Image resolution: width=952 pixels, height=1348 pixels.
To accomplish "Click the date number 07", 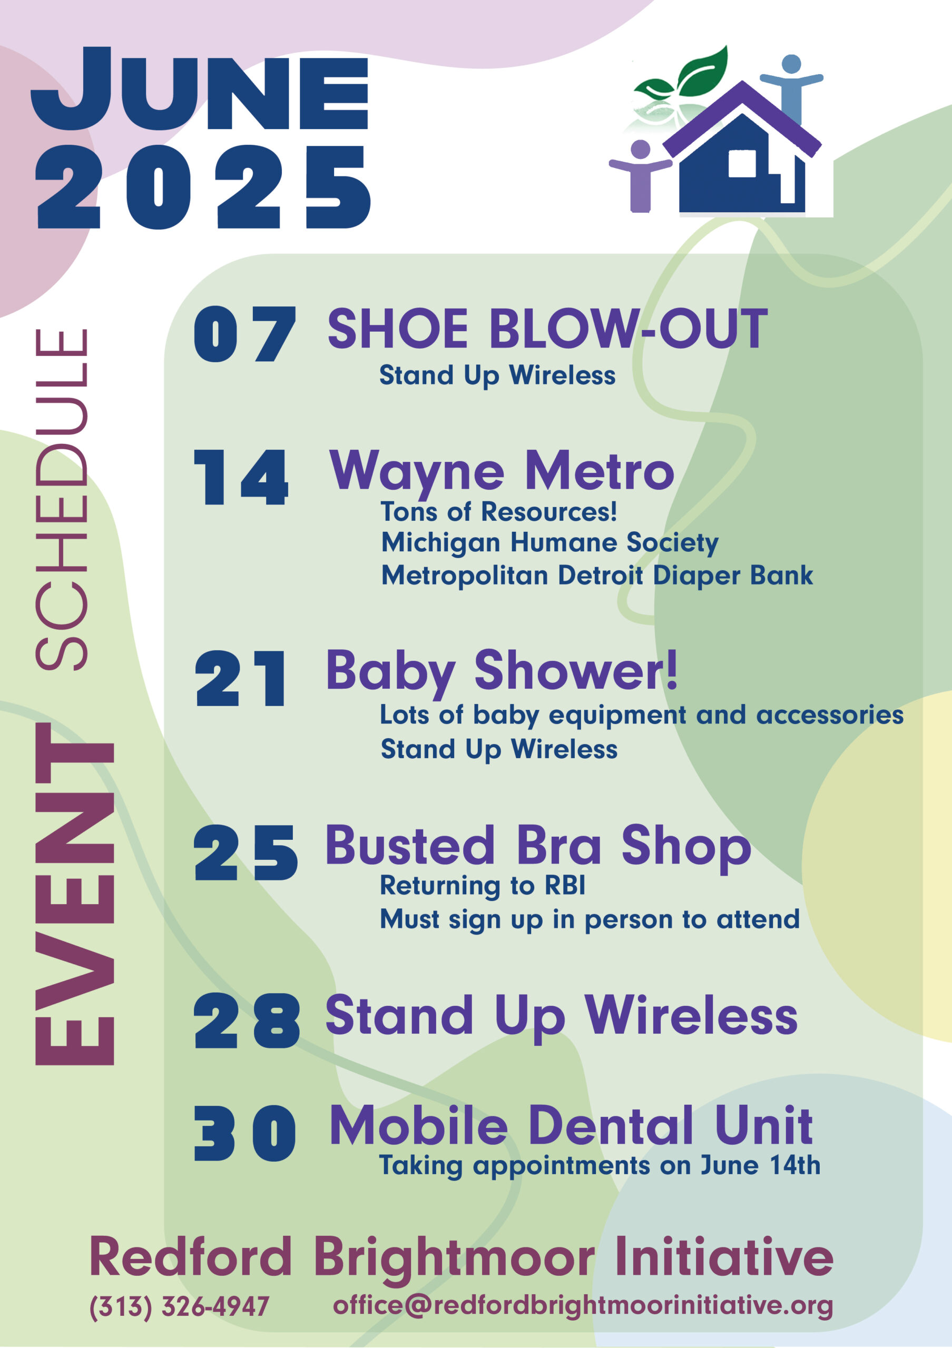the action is tap(244, 333).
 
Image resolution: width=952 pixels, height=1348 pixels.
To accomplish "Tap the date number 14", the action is tap(241, 477).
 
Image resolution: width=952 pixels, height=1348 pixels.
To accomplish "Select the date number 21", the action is tap(241, 678).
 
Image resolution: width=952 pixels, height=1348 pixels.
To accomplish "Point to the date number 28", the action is tap(247, 1022).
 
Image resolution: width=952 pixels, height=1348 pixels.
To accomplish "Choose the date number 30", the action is tap(245, 1133).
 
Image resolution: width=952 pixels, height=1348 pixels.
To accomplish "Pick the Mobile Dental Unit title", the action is tap(571, 1126).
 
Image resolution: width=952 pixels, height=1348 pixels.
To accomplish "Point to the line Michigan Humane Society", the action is tap(549, 543).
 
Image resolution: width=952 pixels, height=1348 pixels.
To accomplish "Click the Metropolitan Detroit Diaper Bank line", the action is tap(597, 576).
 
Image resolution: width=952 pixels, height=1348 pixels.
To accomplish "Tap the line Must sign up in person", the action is tap(590, 920).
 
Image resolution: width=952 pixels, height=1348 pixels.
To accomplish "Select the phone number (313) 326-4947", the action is tap(179, 1307).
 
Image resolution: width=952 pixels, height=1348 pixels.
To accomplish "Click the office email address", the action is tap(583, 1306).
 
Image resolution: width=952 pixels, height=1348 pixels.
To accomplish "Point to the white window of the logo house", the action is tap(742, 163).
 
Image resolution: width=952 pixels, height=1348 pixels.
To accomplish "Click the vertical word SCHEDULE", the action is tap(62, 500).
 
